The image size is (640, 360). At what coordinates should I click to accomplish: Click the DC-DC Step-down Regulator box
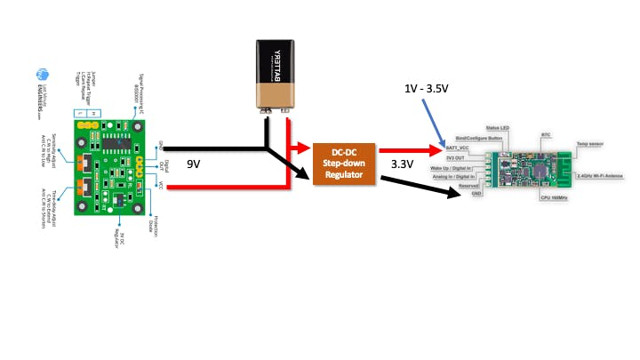click(344, 162)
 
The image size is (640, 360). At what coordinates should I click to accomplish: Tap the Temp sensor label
click(594, 144)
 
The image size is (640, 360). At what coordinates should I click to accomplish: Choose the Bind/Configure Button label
click(479, 140)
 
